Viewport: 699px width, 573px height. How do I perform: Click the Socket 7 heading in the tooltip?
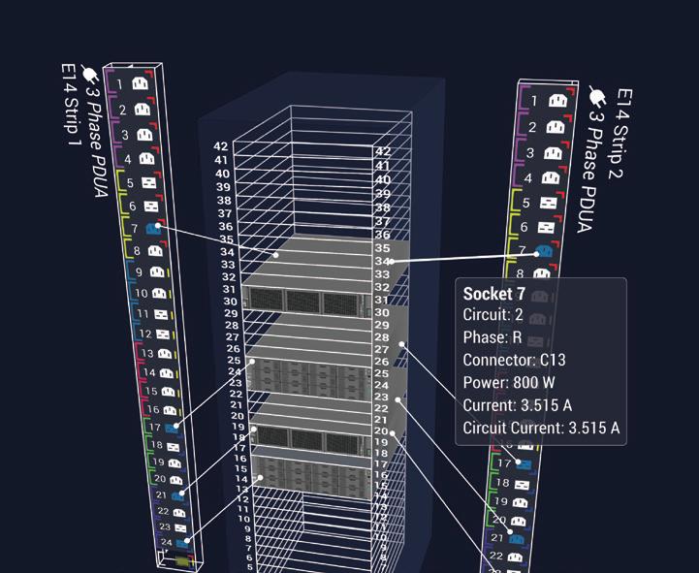[x=494, y=294]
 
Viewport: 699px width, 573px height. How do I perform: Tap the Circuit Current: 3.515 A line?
[x=541, y=428]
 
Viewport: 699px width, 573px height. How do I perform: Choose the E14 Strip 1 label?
[x=69, y=105]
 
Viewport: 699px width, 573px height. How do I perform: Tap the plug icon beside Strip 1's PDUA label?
[x=89, y=73]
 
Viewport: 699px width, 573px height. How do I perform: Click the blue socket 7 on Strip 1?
[x=155, y=229]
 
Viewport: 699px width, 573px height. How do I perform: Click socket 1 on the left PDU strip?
[x=140, y=84]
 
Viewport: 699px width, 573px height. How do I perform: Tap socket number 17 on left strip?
[x=171, y=427]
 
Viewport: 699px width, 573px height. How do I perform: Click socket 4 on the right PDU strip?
[x=550, y=178]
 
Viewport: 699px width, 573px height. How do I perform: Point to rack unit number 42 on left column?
[x=221, y=147]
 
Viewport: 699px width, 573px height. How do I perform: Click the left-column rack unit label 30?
[x=230, y=302]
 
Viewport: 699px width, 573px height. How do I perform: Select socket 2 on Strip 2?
[x=555, y=127]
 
